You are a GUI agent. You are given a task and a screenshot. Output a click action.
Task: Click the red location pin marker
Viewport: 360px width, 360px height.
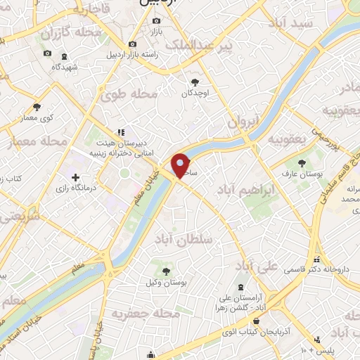[181, 166]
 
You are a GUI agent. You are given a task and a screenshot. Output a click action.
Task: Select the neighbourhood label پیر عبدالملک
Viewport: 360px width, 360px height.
[198, 46]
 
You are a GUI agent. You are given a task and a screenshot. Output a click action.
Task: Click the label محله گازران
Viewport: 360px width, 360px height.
[67, 32]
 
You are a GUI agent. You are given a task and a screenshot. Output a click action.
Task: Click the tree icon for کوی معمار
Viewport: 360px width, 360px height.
[37, 107]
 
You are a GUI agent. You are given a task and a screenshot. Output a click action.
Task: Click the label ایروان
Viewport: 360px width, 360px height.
[243, 121]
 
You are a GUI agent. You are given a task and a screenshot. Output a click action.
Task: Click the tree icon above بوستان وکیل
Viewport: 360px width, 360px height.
[167, 271]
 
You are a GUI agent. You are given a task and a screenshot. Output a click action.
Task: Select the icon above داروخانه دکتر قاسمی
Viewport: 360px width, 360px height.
[317, 259]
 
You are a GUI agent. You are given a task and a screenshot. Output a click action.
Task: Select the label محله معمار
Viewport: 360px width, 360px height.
[40, 142]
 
